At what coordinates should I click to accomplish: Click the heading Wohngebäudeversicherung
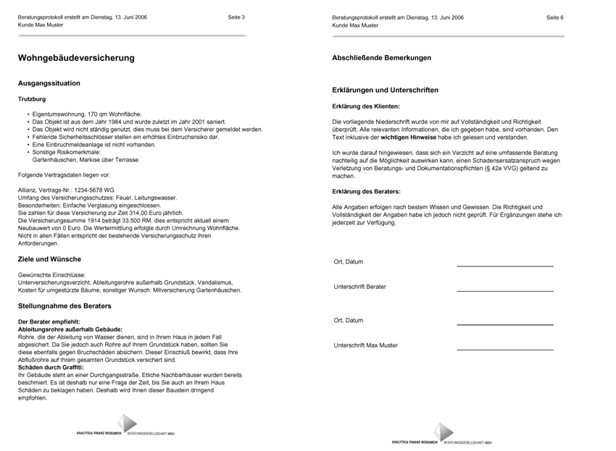tap(76, 58)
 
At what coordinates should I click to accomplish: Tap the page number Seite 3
tap(236, 17)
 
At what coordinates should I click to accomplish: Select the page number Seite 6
tap(555, 17)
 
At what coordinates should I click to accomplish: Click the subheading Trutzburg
tap(32, 98)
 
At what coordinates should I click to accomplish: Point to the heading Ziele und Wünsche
tap(49, 258)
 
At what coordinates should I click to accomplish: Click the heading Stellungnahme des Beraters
tap(64, 305)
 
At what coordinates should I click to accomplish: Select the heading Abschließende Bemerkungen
tap(381, 57)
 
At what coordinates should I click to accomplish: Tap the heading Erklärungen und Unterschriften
tap(385, 90)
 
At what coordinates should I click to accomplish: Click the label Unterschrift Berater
tap(359, 287)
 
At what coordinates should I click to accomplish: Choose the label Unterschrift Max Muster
tap(365, 345)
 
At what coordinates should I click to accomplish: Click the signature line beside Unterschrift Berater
tap(504, 291)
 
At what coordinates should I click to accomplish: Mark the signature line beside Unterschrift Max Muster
tap(504, 350)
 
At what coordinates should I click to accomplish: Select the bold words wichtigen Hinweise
tap(409, 137)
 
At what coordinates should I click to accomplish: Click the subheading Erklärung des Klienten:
tap(365, 106)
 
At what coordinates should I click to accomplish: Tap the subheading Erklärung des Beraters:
tap(366, 191)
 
